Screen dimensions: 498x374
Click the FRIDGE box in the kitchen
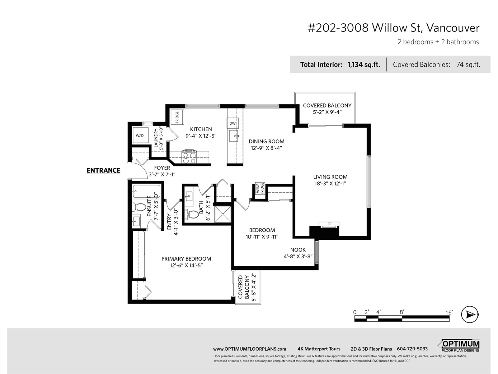pos(177,117)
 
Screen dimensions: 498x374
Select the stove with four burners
pos(189,156)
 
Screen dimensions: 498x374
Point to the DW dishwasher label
pos(233,123)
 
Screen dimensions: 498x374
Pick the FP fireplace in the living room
pos(329,224)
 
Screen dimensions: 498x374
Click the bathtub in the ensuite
pos(146,191)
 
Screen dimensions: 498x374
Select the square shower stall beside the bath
pos(223,214)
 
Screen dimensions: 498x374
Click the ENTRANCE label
pos(103,170)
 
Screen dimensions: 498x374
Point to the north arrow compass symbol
pos(470,314)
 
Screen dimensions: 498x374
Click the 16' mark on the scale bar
pos(449,313)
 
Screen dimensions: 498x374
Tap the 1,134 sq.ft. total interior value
pos(364,65)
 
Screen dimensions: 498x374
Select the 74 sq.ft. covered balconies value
pos(468,65)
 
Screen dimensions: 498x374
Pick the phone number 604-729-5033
pos(412,349)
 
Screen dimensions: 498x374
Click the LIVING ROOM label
pos(330,177)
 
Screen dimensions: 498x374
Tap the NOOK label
pos(298,250)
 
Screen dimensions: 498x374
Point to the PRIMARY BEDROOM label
pos(186,259)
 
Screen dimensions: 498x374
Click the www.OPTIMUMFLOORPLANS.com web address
pos(250,349)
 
